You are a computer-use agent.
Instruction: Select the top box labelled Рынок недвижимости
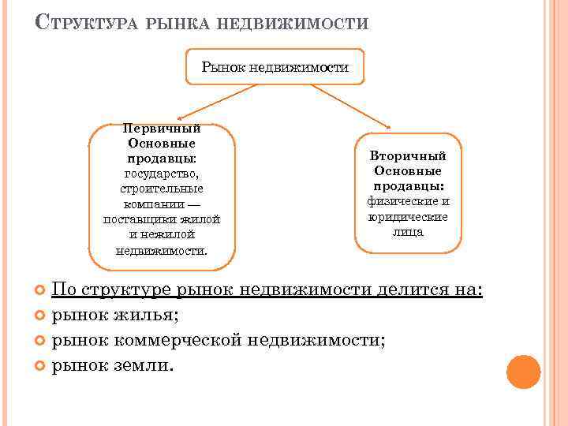point(275,68)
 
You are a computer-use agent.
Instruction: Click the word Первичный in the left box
point(162,129)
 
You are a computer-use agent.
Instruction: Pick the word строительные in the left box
point(162,189)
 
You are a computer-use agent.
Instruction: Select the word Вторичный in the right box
point(408,156)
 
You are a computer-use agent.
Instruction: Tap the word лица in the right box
point(408,232)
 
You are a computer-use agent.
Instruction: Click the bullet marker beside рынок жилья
point(41,316)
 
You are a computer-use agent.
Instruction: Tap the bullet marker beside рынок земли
point(41,367)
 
